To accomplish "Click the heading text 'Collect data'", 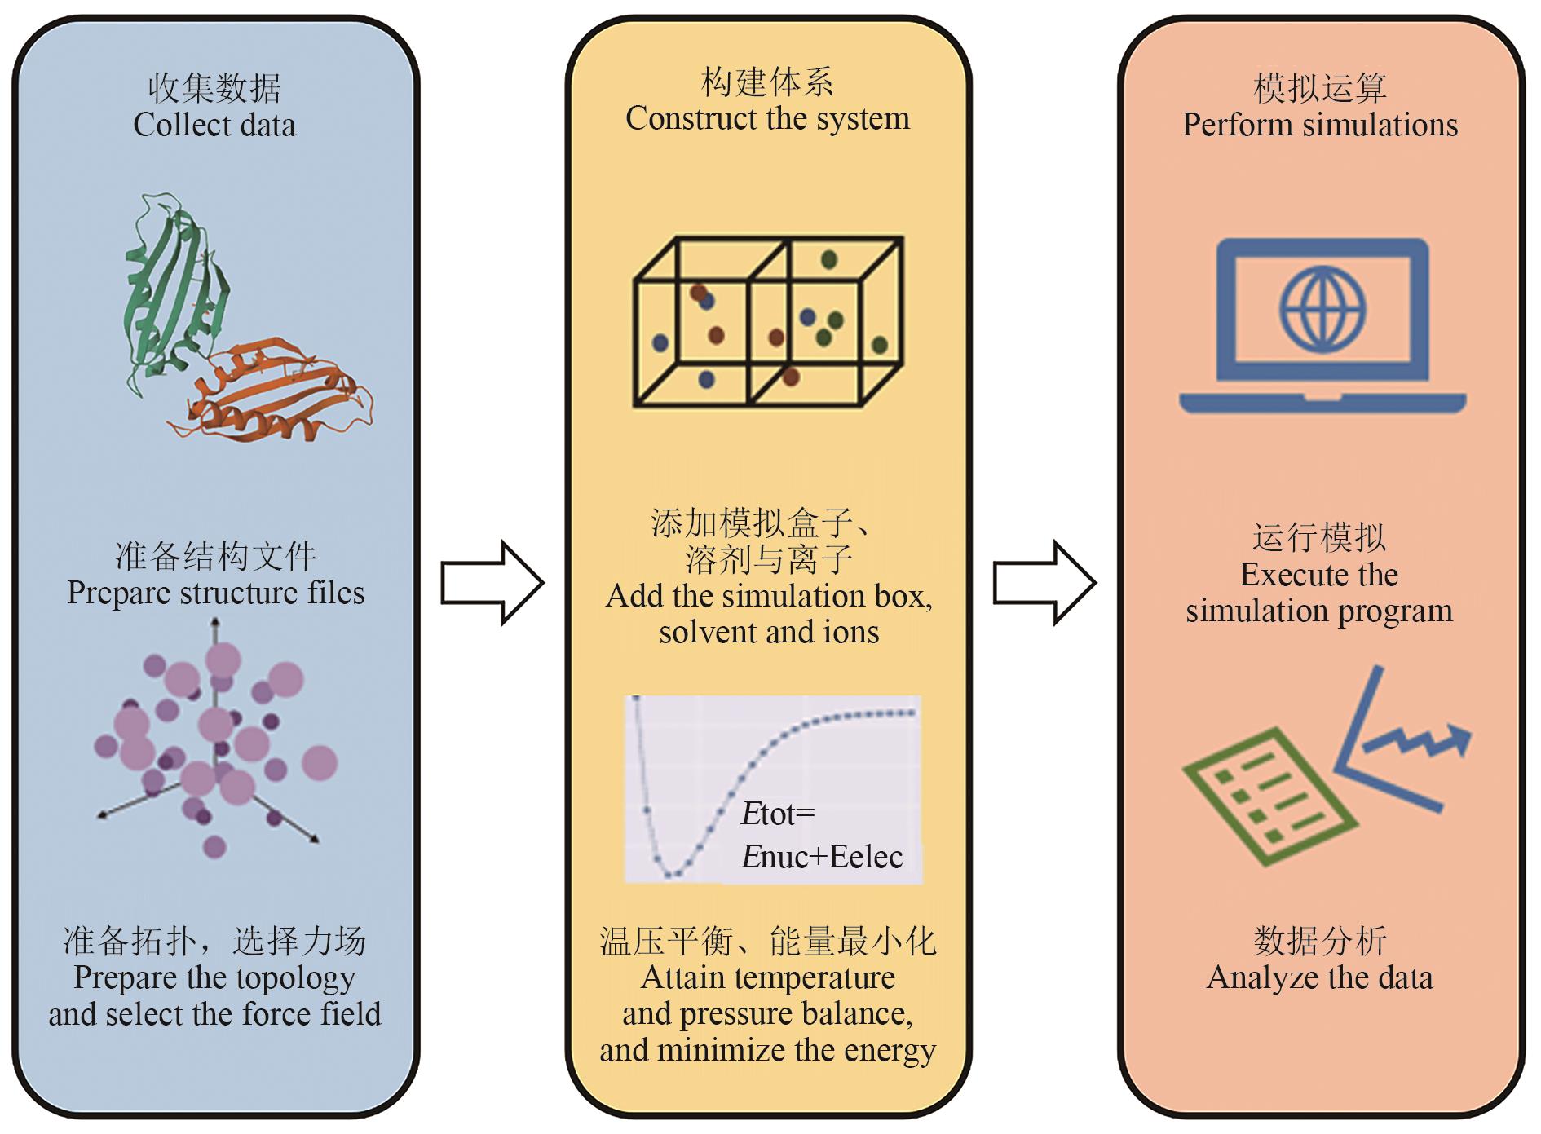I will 214,126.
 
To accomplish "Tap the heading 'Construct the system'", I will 767,119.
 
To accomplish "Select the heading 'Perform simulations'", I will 1320,125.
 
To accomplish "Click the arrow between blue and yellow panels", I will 492,583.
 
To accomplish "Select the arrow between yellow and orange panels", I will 1044,583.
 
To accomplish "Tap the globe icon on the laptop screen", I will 1322,310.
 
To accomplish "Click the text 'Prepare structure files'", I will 215,593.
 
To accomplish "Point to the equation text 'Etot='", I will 778,814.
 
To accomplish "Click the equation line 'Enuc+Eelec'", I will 821,857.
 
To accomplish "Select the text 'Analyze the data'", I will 1319,977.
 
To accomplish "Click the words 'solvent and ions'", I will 769,633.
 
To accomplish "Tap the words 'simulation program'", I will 1319,611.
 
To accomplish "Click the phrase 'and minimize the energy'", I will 767,1050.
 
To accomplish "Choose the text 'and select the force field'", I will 214,1014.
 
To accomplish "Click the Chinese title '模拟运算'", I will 1319,88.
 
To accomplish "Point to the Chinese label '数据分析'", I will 1319,941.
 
